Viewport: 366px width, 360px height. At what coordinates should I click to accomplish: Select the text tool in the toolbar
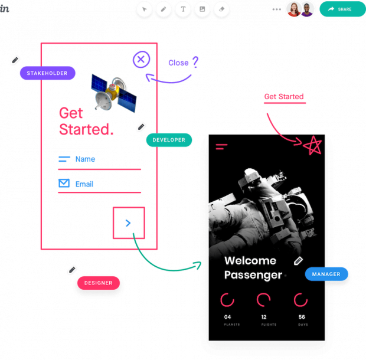(x=183, y=9)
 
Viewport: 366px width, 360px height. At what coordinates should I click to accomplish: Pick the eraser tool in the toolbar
(x=221, y=9)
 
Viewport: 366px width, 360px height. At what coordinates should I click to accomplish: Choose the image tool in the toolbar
(x=202, y=9)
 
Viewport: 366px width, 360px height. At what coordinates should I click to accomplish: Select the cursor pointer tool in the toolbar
(x=145, y=9)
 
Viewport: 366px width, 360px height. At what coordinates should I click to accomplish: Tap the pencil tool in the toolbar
(x=164, y=9)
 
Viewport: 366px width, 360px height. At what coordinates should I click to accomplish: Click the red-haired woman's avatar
(x=293, y=9)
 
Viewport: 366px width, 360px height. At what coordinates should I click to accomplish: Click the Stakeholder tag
(x=48, y=73)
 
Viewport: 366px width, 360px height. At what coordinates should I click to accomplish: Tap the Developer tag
(x=169, y=140)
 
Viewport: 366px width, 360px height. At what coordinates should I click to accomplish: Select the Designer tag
(x=98, y=283)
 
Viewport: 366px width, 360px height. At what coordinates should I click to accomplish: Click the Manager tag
(x=326, y=274)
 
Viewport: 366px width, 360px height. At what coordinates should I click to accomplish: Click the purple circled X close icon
(x=141, y=60)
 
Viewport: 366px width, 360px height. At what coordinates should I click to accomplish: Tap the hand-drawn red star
(x=312, y=145)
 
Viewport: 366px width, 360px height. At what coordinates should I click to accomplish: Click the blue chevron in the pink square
(x=129, y=222)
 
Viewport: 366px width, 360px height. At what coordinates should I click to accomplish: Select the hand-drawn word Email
(x=84, y=184)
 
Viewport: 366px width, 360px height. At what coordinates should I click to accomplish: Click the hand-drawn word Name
(x=85, y=159)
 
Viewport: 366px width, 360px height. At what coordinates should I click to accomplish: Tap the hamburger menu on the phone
(x=221, y=146)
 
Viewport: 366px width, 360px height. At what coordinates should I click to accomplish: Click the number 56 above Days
(x=302, y=317)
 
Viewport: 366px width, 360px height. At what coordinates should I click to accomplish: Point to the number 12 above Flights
(x=264, y=317)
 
